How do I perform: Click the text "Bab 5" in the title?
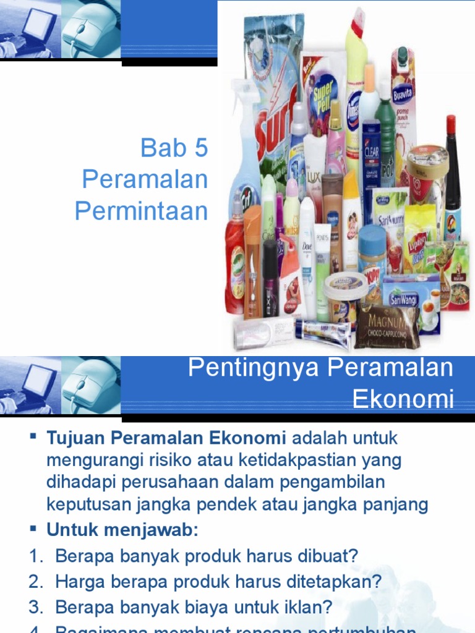[174, 148]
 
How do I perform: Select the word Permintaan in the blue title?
[141, 211]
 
